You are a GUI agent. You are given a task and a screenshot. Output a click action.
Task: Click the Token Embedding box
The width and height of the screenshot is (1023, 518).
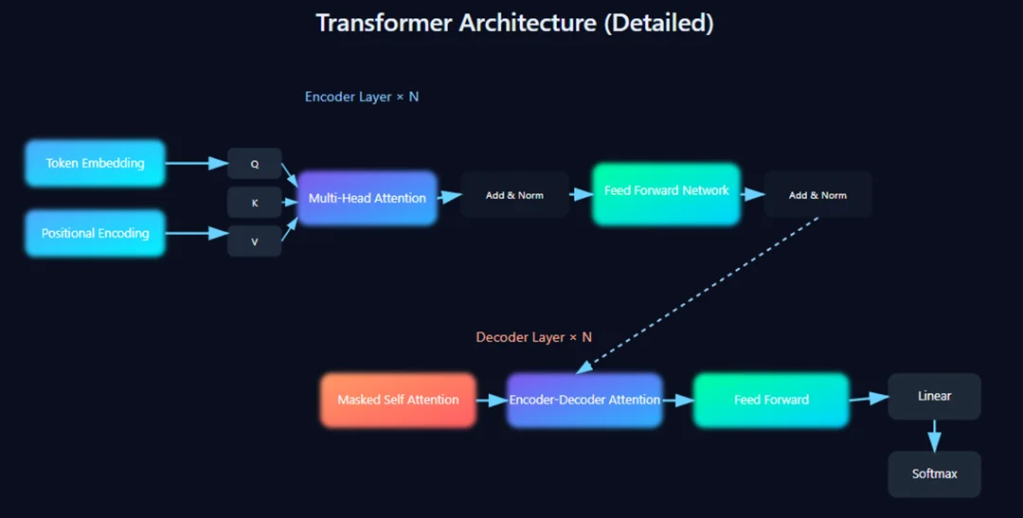95,163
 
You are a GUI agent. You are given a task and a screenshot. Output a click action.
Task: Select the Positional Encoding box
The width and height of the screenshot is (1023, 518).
95,233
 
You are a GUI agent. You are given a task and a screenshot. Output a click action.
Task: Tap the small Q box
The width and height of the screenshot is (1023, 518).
254,164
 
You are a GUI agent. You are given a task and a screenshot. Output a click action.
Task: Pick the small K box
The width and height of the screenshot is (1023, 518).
254,203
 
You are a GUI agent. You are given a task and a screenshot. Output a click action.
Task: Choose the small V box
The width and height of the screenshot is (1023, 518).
254,241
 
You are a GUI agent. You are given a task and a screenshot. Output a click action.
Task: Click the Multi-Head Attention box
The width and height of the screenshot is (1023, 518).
368,198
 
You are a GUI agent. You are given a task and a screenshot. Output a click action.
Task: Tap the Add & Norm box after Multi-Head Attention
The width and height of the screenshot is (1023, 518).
514,195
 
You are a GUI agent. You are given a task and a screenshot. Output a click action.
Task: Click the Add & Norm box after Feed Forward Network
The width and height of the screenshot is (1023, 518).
817,195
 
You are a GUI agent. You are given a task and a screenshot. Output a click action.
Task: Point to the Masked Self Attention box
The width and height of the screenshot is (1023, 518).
398,400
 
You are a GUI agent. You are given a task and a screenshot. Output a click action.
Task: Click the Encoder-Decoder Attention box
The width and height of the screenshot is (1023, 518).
584,400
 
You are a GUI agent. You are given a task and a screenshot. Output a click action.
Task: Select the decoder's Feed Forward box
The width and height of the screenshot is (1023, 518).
771,400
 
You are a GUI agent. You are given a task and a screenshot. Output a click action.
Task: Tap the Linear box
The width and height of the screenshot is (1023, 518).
934,396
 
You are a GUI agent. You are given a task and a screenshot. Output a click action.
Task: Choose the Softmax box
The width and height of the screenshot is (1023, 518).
934,473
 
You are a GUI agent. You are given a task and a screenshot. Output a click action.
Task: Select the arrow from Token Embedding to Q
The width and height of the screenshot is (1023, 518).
196,163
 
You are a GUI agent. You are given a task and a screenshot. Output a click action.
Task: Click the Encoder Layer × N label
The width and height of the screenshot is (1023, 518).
361,97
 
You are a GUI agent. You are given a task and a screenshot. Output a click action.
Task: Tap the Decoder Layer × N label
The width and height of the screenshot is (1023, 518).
533,337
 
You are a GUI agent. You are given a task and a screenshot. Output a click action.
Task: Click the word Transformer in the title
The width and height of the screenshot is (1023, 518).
384,23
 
